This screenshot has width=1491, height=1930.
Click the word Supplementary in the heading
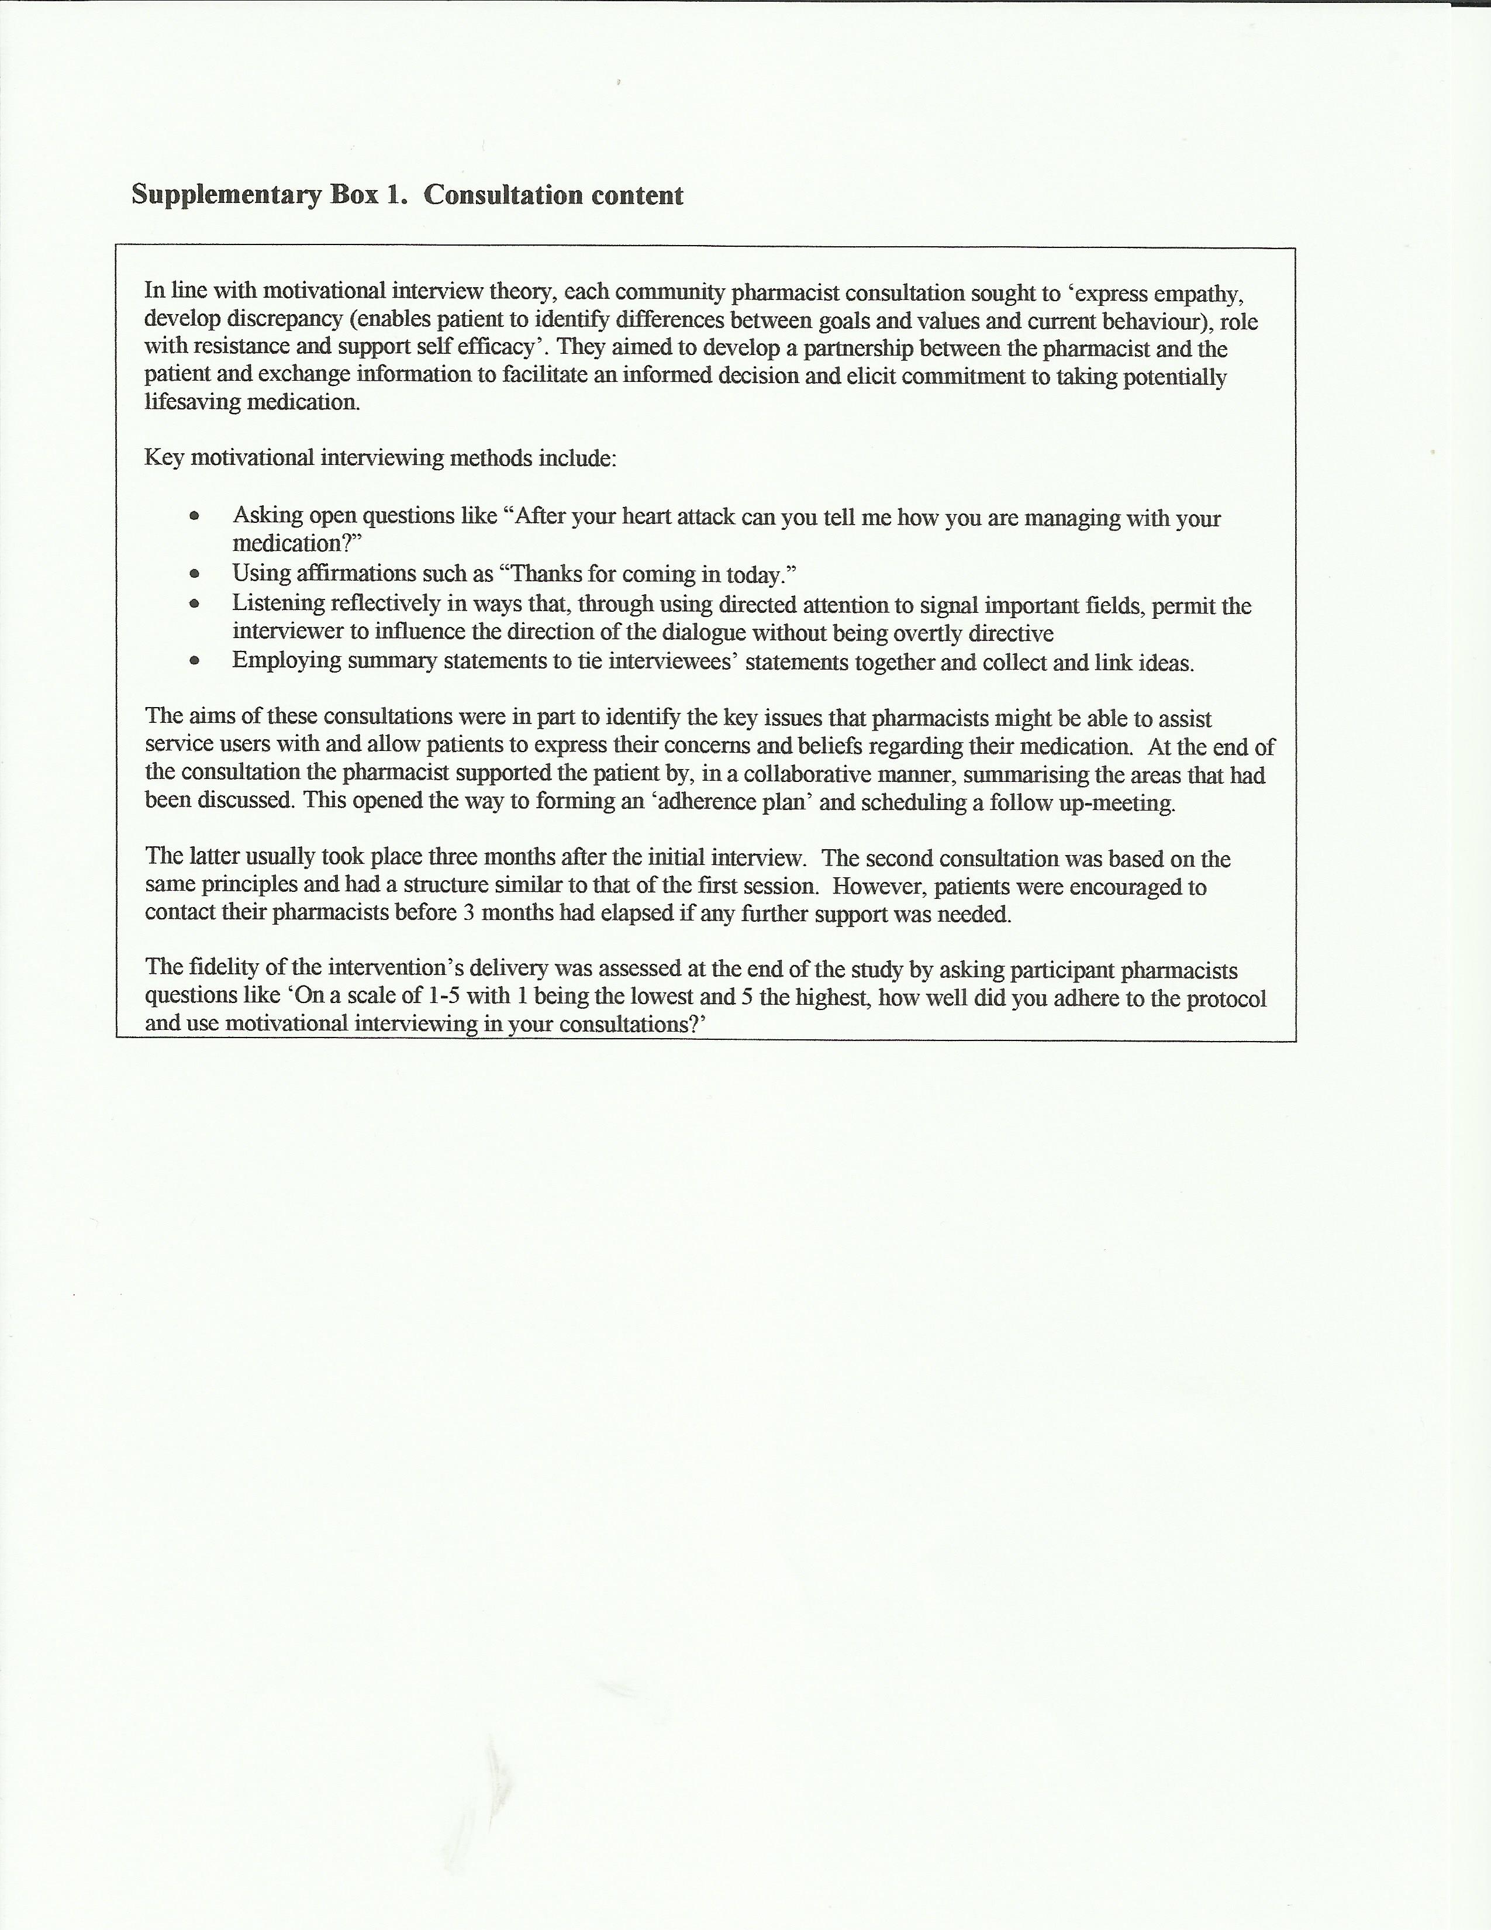coord(226,196)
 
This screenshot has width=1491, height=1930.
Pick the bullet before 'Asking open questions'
coord(194,516)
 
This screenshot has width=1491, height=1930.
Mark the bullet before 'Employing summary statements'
coord(194,661)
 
